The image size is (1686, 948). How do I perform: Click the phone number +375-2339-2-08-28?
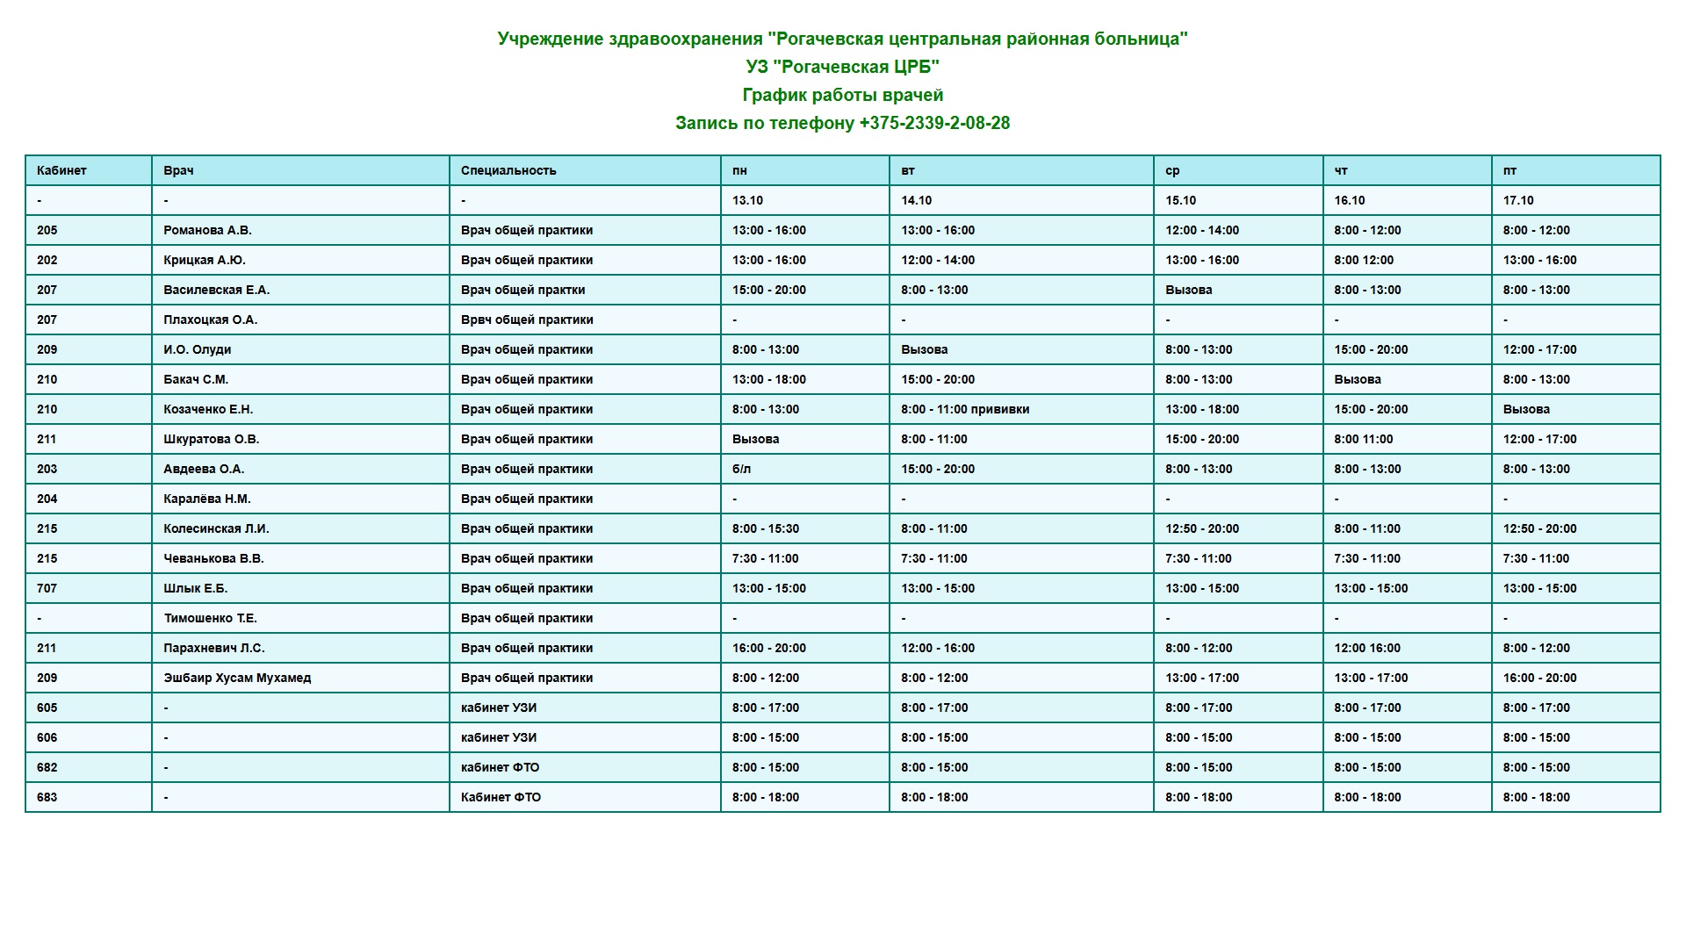934,123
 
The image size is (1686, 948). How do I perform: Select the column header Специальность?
508,170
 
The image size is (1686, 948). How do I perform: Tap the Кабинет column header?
61,170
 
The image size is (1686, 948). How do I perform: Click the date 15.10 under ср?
1180,200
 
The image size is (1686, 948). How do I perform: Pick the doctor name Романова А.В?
207,230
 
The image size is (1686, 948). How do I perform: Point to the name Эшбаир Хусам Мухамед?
237,678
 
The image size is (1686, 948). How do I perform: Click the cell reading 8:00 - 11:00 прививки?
965,409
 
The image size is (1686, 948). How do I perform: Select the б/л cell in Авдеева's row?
741,469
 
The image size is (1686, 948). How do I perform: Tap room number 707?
47,588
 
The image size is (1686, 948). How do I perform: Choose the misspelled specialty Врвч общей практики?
527,320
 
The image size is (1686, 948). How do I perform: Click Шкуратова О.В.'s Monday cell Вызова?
755,439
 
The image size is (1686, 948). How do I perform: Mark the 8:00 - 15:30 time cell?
766,528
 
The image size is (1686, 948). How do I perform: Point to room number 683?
47,797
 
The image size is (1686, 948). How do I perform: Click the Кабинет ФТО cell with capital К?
501,797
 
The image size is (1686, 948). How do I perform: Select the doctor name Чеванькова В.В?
213,558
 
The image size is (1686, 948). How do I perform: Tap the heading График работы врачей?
843,95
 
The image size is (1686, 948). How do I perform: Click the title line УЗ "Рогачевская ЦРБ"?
843,67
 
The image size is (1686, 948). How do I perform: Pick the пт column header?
1509,170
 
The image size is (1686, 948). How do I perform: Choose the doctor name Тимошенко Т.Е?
210,618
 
